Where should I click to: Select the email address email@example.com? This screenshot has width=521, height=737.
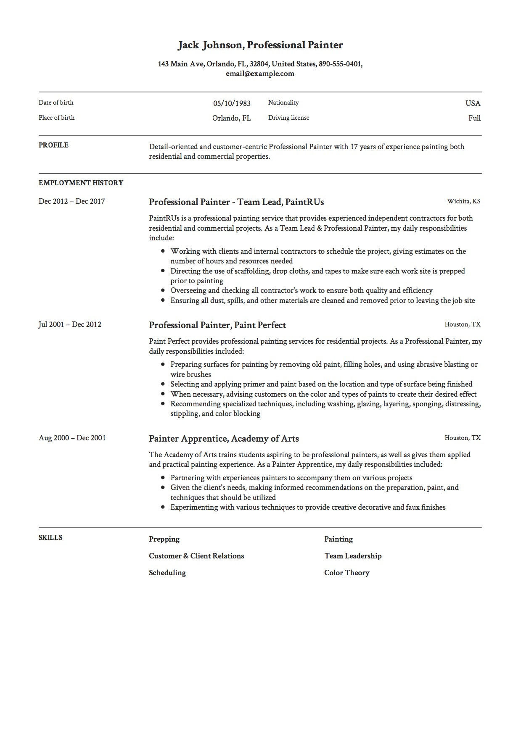[x=260, y=74]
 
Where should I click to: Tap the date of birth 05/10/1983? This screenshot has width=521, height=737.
[x=232, y=103]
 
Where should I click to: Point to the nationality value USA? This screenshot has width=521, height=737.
[x=473, y=103]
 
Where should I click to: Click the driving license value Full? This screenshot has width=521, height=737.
[x=474, y=118]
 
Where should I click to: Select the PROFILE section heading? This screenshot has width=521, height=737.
[x=53, y=145]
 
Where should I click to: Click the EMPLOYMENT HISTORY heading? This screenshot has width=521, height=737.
[x=81, y=183]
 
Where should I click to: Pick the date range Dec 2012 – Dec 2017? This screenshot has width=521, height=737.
[x=71, y=201]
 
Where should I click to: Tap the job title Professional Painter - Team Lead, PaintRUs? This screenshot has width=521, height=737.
[x=236, y=202]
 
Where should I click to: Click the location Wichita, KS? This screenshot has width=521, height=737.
[x=463, y=201]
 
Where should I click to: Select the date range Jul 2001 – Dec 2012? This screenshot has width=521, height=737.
[x=70, y=324]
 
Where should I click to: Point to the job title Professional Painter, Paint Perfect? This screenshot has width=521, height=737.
[x=217, y=325]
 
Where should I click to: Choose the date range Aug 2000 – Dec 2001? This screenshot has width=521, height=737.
[x=72, y=438]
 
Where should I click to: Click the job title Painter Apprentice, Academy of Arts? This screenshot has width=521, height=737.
[x=224, y=439]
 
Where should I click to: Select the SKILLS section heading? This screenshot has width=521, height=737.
[x=50, y=538]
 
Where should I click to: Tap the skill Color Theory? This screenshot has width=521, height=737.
[x=346, y=573]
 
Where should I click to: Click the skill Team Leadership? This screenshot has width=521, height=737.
[x=353, y=556]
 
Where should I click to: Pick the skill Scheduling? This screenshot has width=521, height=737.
[x=167, y=573]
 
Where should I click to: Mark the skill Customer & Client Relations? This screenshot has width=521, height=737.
[x=196, y=556]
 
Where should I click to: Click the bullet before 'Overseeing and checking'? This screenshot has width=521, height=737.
[x=163, y=290]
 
